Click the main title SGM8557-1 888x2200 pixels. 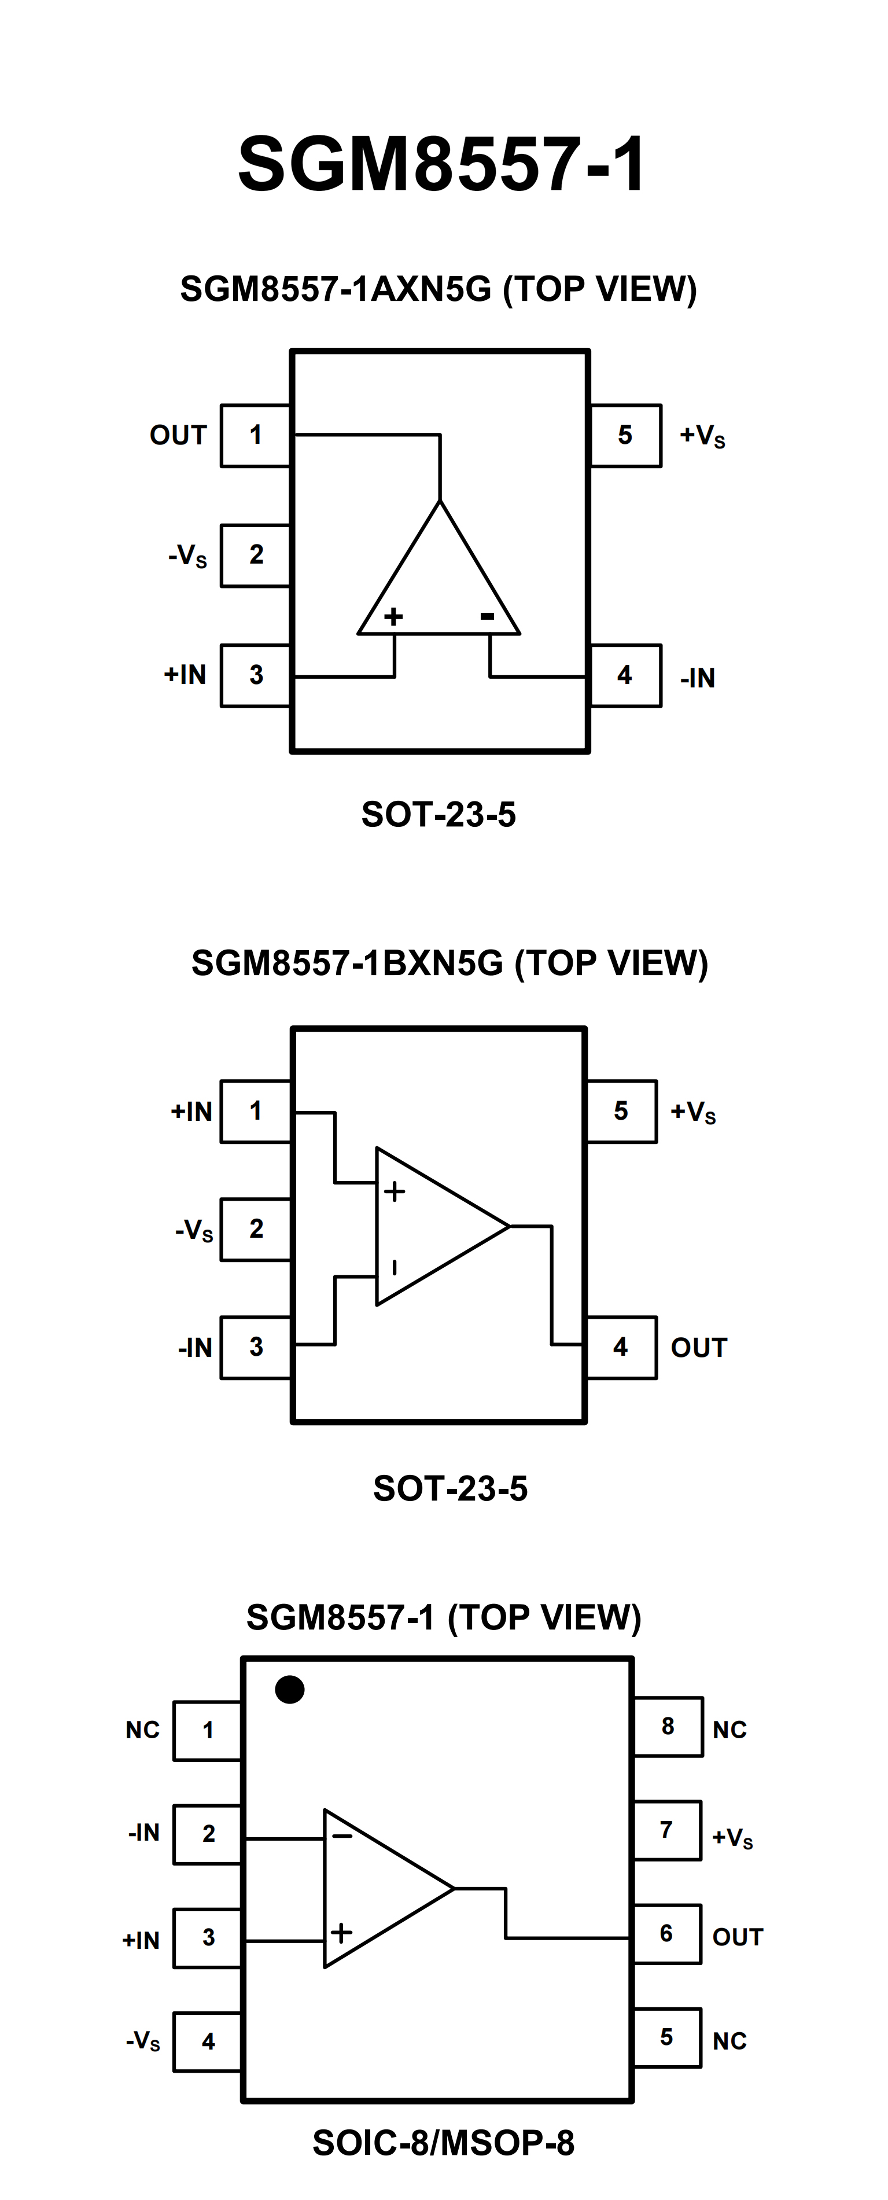[x=441, y=164]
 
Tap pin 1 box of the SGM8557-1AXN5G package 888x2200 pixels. [x=255, y=436]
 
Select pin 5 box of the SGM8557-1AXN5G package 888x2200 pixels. [x=625, y=436]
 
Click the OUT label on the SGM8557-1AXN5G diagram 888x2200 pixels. [x=178, y=436]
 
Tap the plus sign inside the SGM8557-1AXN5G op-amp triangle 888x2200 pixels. [x=393, y=617]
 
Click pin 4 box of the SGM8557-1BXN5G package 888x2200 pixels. [x=621, y=1347]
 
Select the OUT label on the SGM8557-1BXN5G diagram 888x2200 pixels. [x=698, y=1348]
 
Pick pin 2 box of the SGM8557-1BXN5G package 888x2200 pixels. [x=255, y=1229]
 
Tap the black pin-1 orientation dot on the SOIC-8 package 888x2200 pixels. [x=289, y=1688]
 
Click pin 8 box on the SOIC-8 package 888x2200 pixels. [x=668, y=1726]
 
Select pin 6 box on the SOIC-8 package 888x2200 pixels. [x=667, y=1934]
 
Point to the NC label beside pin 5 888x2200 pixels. [x=729, y=2041]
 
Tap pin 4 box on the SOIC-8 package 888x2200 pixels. [x=208, y=2041]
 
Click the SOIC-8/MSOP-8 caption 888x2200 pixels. [x=443, y=2142]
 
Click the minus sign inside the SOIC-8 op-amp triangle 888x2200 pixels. [x=342, y=1836]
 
